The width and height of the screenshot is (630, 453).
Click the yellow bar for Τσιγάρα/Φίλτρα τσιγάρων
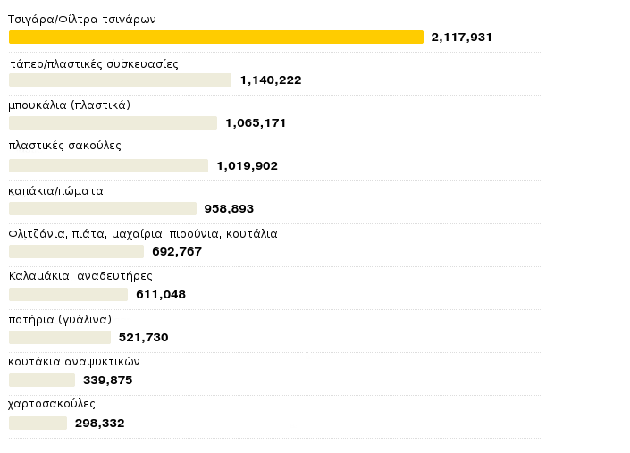click(x=215, y=37)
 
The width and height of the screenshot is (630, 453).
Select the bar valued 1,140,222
click(x=120, y=80)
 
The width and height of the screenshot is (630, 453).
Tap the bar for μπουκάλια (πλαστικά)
click(x=113, y=122)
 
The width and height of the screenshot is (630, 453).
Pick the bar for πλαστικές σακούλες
click(x=108, y=165)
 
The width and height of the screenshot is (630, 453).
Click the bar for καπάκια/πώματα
click(x=102, y=208)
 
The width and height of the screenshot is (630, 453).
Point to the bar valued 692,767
click(x=76, y=251)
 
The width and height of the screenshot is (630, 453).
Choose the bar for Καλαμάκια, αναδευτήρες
click(x=68, y=294)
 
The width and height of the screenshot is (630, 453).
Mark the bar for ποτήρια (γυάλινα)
click(x=59, y=337)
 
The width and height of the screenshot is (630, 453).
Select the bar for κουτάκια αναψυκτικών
click(x=41, y=380)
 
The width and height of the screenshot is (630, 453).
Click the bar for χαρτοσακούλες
click(x=38, y=423)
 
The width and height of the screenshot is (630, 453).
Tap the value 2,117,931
click(x=461, y=38)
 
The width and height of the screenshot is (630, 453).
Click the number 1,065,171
click(x=256, y=123)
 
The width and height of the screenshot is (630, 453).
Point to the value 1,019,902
click(x=247, y=166)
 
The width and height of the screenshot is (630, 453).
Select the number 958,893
click(x=229, y=209)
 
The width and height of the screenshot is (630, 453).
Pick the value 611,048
click(x=161, y=295)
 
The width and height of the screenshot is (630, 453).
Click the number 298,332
click(x=99, y=424)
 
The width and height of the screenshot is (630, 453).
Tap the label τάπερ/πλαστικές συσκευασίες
click(x=94, y=64)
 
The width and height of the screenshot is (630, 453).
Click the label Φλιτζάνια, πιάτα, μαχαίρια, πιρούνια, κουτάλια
click(x=143, y=234)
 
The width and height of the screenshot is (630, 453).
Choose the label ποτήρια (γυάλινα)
click(x=60, y=319)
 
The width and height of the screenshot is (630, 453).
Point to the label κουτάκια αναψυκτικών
click(x=74, y=362)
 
